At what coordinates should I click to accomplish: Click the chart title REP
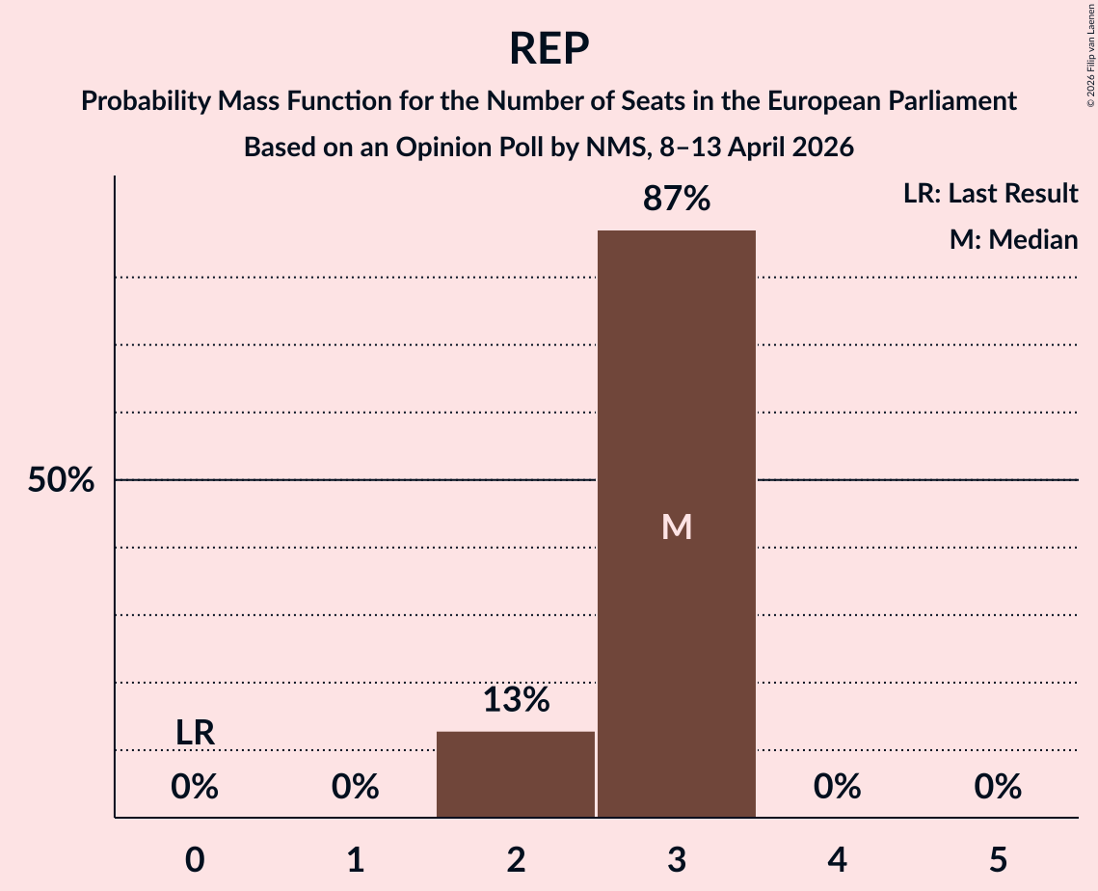click(549, 48)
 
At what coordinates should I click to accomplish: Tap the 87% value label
click(677, 200)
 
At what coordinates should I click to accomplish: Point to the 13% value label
click(516, 700)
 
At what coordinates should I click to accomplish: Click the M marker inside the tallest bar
click(677, 526)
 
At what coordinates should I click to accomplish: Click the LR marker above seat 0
click(195, 733)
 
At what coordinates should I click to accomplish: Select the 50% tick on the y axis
click(61, 480)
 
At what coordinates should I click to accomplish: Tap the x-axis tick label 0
click(195, 859)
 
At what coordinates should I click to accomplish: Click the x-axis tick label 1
click(356, 859)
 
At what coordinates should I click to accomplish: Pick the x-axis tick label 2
click(516, 859)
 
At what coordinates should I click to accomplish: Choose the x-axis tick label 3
click(677, 859)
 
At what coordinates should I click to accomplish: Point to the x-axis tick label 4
click(837, 859)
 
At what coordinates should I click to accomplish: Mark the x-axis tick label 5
click(998, 859)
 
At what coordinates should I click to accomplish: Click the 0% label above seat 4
click(837, 787)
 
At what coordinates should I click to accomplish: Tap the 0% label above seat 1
click(356, 787)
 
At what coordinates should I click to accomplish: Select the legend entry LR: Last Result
click(990, 194)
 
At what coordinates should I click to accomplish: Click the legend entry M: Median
click(1013, 239)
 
